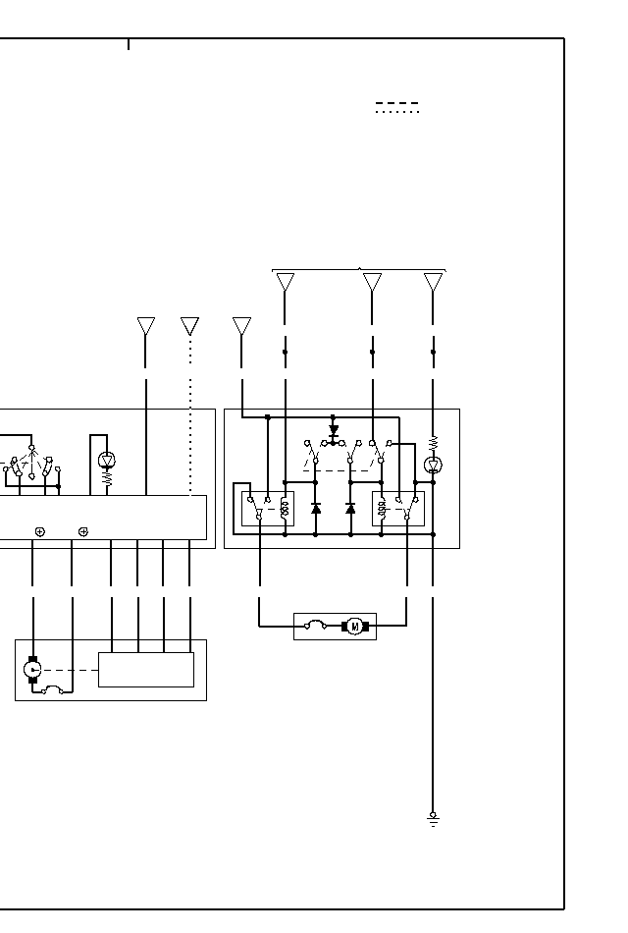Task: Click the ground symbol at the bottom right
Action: [433, 818]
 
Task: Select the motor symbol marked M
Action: [353, 626]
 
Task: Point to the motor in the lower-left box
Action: [32, 669]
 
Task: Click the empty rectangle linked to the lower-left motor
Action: [146, 669]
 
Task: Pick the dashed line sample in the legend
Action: [397, 102]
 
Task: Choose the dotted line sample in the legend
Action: [397, 113]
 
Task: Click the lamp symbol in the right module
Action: [433, 464]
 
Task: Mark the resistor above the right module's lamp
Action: [433, 443]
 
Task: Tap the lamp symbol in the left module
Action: [107, 460]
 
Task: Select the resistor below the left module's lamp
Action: [107, 480]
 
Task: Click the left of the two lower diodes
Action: [316, 509]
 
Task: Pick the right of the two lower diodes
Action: [350, 509]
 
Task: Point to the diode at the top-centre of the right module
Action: [334, 429]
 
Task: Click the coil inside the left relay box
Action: [285, 509]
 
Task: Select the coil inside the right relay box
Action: [381, 509]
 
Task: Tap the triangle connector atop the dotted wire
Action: [190, 326]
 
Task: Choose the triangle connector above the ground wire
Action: [433, 282]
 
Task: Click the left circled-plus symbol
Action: [39, 531]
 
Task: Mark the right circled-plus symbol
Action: [83, 531]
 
